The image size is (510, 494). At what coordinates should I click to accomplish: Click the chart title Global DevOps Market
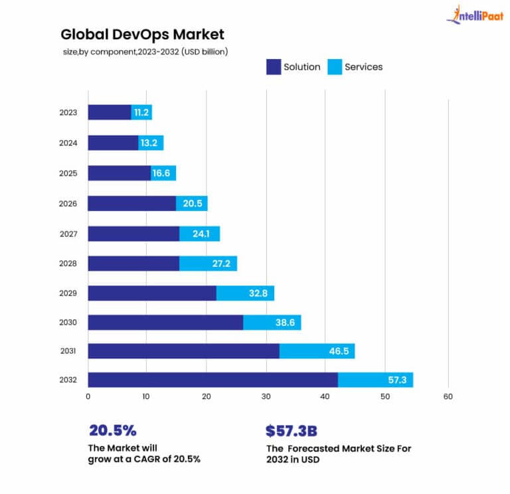click(x=142, y=34)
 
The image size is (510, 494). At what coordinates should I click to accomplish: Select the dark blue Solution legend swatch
click(x=273, y=66)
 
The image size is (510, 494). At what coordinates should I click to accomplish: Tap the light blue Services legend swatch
click(x=334, y=66)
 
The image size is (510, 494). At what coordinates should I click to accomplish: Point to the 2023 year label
click(x=68, y=112)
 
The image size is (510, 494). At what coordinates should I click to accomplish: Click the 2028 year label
click(x=68, y=264)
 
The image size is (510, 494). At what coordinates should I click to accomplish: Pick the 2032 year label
click(x=68, y=380)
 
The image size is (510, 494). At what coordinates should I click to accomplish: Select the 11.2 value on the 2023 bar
click(x=141, y=113)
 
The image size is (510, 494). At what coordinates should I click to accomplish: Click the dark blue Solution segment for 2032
click(x=212, y=380)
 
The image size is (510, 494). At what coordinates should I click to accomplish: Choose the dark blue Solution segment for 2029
click(x=152, y=293)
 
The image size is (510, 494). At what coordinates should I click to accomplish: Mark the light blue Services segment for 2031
click(x=317, y=351)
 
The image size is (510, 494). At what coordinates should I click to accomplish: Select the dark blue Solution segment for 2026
click(x=131, y=203)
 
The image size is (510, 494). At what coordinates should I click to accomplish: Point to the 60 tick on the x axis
click(x=448, y=397)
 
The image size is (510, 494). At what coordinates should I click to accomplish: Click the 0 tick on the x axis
click(x=88, y=397)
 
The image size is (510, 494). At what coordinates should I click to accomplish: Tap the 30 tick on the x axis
click(x=266, y=397)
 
